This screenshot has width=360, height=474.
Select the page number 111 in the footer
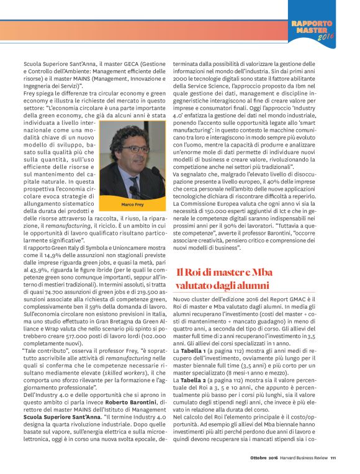coord(333,460)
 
